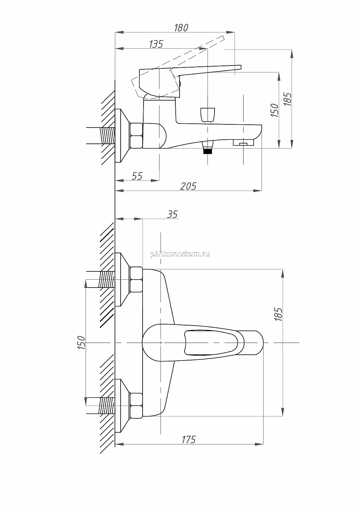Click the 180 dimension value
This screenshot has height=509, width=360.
(181, 28)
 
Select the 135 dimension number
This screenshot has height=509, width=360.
(156, 44)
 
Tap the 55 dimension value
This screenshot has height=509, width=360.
(137, 176)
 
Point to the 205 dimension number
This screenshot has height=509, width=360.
(188, 186)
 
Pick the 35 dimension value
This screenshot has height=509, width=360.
(173, 214)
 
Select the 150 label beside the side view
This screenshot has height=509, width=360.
(275, 110)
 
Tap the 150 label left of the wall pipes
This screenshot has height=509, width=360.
(81, 343)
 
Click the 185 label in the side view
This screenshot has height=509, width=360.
(288, 99)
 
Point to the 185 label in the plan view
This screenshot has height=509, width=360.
(279, 314)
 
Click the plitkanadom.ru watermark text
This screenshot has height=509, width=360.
(180, 254)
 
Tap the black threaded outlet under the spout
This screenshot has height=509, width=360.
(208, 151)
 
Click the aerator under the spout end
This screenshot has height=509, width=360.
(243, 143)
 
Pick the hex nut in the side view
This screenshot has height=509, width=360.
(136, 136)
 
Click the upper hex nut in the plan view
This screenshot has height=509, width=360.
(136, 280)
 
